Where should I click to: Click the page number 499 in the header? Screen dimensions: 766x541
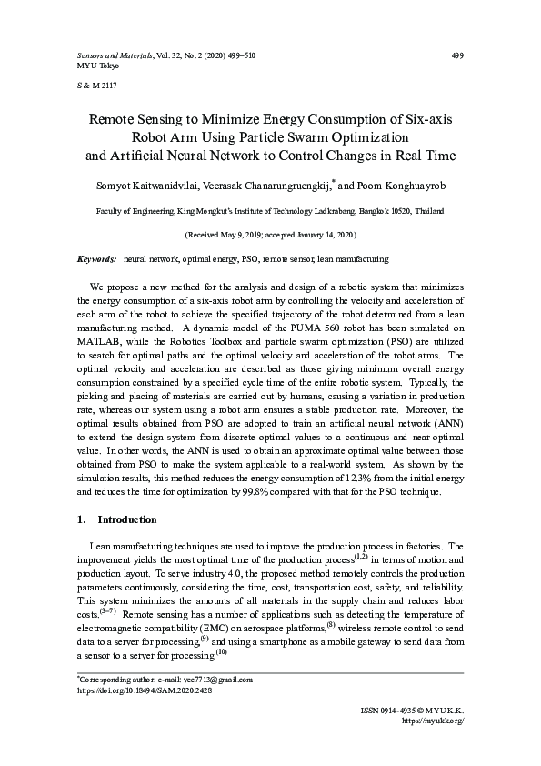(x=457, y=55)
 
